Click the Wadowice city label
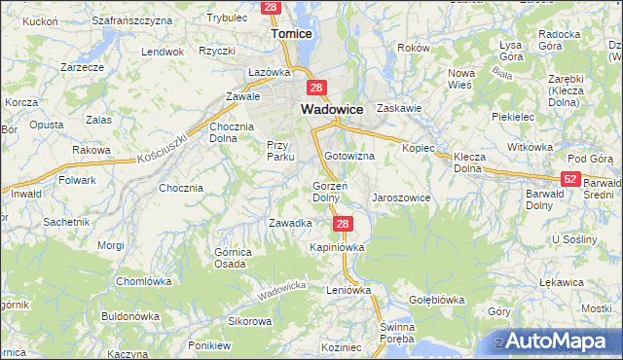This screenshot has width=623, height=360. [332, 110]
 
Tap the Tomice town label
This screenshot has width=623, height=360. [290, 34]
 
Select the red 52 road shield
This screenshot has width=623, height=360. [571, 179]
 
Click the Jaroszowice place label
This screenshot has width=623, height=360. [400, 198]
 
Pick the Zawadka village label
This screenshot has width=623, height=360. [289, 223]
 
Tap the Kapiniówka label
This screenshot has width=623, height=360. [337, 247]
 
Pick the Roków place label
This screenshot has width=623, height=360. [414, 48]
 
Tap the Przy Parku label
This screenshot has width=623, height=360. [280, 151]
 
